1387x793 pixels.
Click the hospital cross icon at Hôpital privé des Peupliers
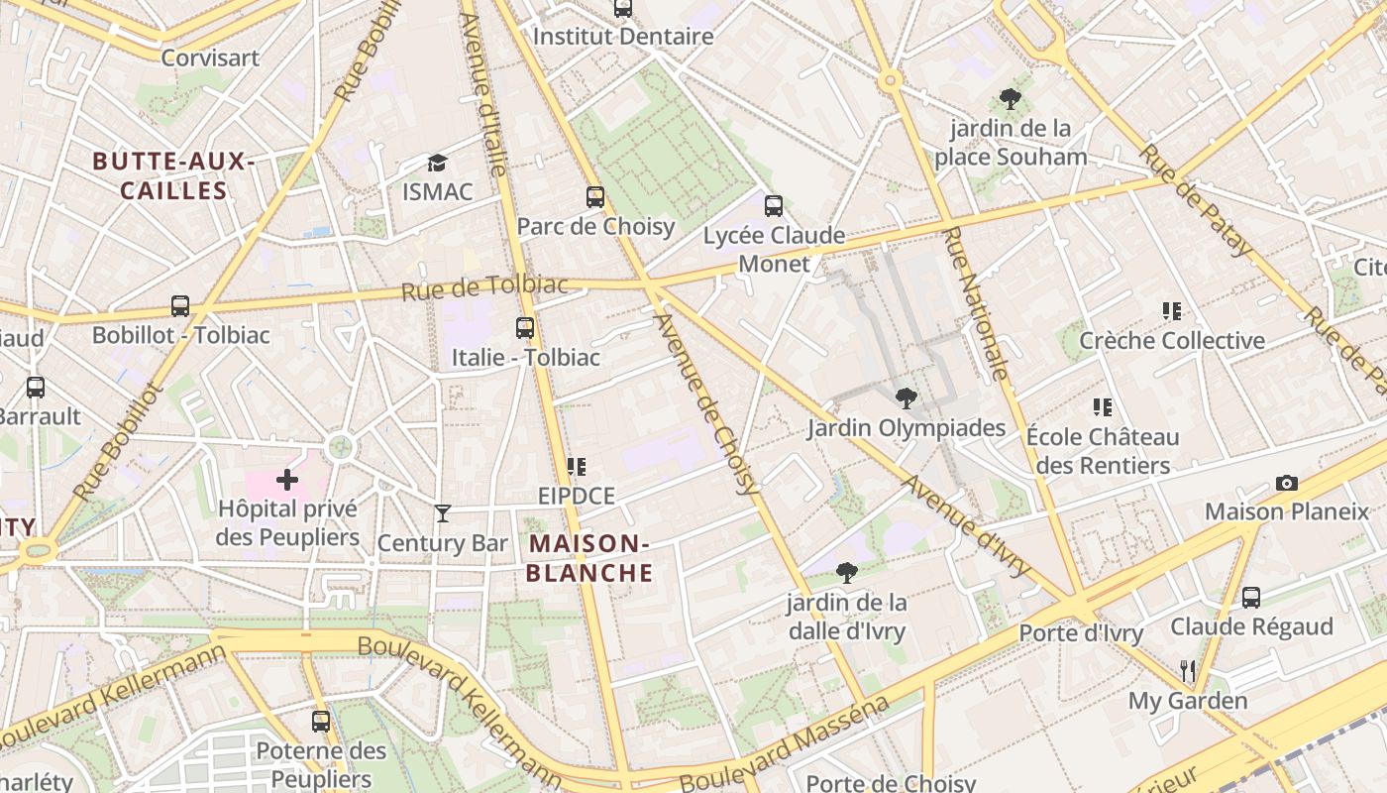click(x=287, y=481)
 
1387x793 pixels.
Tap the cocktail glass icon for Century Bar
click(x=443, y=513)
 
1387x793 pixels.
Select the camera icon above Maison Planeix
click(x=1287, y=483)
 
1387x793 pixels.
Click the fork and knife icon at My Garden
click(x=1188, y=671)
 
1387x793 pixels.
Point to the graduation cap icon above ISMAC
click(x=437, y=163)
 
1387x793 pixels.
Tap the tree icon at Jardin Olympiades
click(x=906, y=398)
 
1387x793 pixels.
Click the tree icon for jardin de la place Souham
click(x=1011, y=99)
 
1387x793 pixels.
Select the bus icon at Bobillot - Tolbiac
click(x=180, y=306)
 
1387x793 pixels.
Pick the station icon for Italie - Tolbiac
click(x=525, y=327)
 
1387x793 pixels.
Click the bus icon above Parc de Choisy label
click(x=595, y=196)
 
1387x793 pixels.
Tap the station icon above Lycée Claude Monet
click(x=774, y=206)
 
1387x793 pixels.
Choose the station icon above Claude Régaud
click(x=1251, y=597)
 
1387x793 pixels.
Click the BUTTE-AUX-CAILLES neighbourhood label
click(x=173, y=175)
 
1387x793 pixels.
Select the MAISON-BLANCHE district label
click(x=589, y=558)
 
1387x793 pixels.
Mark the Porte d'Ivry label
click(x=1081, y=633)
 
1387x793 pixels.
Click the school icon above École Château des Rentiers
click(x=1102, y=406)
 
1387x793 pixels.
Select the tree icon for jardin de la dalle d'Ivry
click(x=846, y=572)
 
